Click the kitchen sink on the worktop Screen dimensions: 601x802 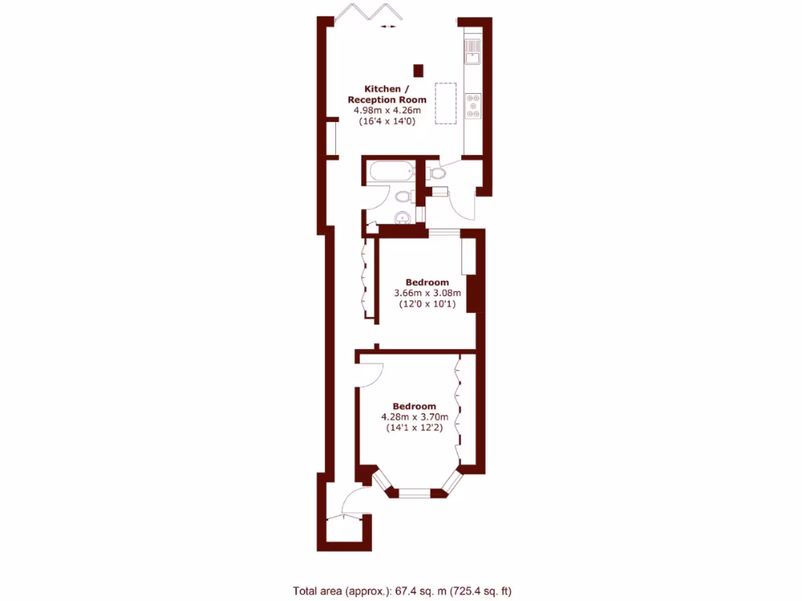tap(473, 52)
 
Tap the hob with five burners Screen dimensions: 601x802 tap(473, 105)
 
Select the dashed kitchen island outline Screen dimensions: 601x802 tap(445, 103)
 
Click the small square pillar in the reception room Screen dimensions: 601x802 tap(418, 70)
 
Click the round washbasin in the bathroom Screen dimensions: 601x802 tap(402, 218)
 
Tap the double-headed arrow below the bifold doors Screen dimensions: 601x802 tap(388, 27)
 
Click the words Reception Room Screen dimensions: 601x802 tap(388, 100)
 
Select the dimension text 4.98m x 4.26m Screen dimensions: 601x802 tap(388, 111)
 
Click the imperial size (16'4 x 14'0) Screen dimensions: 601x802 tap(388, 122)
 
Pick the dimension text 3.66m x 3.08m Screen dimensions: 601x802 tap(427, 293)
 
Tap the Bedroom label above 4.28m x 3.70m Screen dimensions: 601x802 tap(414, 406)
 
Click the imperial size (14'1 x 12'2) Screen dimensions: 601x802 tap(414, 428)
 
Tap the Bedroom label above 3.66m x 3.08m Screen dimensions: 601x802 tap(427, 283)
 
